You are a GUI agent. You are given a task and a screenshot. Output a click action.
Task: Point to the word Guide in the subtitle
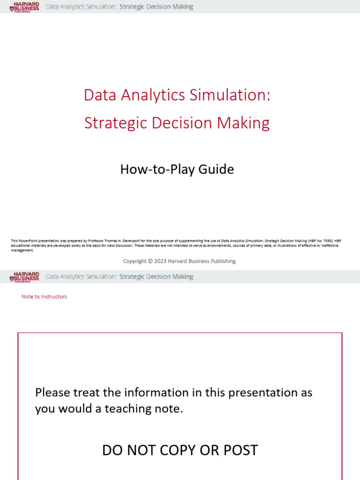point(216,169)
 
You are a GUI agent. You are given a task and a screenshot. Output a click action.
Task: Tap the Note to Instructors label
point(44,297)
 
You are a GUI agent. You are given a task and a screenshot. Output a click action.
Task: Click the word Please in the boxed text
point(52,392)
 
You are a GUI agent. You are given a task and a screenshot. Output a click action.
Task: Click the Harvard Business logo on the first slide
point(24,7)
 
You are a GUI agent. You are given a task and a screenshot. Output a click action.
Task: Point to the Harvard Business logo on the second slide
point(24,277)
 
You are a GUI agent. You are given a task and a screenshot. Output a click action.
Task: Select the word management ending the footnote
point(22,250)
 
